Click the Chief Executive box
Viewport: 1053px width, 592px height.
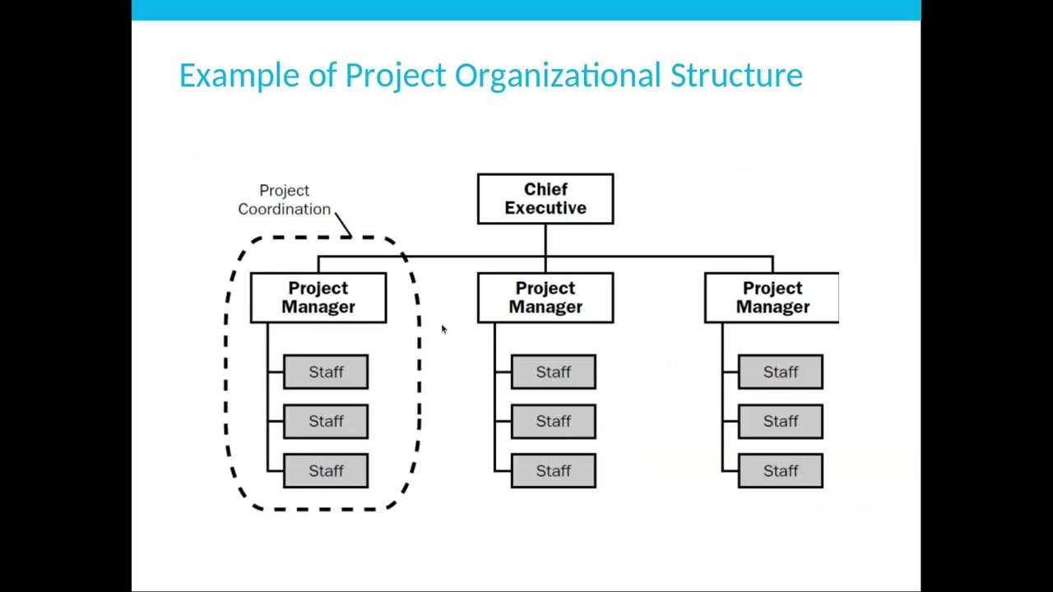[x=545, y=199]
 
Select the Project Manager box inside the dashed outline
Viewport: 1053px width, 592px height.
[x=318, y=298]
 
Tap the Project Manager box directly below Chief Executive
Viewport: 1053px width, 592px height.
[x=545, y=298]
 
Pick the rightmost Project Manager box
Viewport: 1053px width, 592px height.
[x=772, y=298]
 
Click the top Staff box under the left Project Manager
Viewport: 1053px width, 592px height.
[x=326, y=372]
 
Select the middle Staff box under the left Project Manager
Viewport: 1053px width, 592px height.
[x=326, y=421]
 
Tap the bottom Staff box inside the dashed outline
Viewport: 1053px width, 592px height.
[x=326, y=470]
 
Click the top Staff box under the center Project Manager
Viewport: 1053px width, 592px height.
[x=554, y=372]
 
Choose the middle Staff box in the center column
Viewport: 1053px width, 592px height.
[x=554, y=421]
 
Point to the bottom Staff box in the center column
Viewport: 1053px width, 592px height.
[x=554, y=470]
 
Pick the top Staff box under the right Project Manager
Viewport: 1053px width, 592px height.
[x=781, y=372]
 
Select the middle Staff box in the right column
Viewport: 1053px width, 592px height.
[x=781, y=421]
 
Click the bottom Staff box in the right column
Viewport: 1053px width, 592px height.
[x=781, y=470]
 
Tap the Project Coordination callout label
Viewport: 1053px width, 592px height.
[x=285, y=200]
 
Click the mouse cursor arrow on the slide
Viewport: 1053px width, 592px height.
[x=444, y=330]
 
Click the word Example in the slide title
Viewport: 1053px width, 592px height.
[x=239, y=75]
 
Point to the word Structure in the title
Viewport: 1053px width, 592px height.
[x=736, y=75]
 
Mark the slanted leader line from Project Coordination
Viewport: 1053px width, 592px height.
[x=343, y=224]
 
